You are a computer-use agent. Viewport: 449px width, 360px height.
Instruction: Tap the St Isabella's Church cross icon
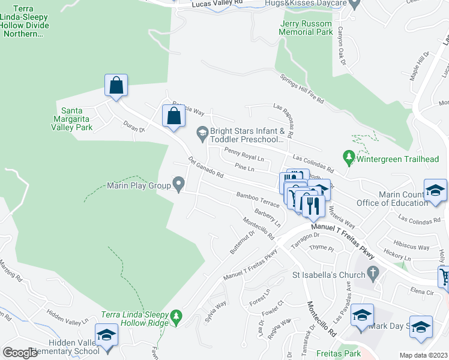point(373,275)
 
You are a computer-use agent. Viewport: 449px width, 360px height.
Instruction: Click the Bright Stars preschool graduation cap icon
point(202,131)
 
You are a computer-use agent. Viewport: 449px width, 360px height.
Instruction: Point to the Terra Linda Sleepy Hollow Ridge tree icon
point(176,315)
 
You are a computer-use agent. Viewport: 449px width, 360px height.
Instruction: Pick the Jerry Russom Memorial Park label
point(306,27)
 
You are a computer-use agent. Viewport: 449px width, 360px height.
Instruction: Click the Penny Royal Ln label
point(244,154)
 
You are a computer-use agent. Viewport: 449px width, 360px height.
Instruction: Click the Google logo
point(20,353)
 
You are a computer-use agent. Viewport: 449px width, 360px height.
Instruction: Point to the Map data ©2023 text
point(423,355)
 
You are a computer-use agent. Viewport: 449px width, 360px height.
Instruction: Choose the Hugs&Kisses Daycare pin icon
point(354,4)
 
